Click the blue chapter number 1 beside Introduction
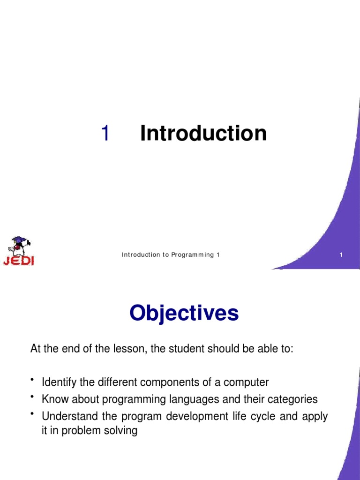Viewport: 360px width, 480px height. click(105, 134)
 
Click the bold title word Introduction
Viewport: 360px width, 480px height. click(203, 133)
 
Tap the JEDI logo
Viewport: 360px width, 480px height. click(19, 251)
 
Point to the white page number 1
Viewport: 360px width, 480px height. click(341, 255)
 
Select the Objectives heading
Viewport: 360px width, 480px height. click(184, 313)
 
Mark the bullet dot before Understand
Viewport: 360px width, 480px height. click(32, 413)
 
